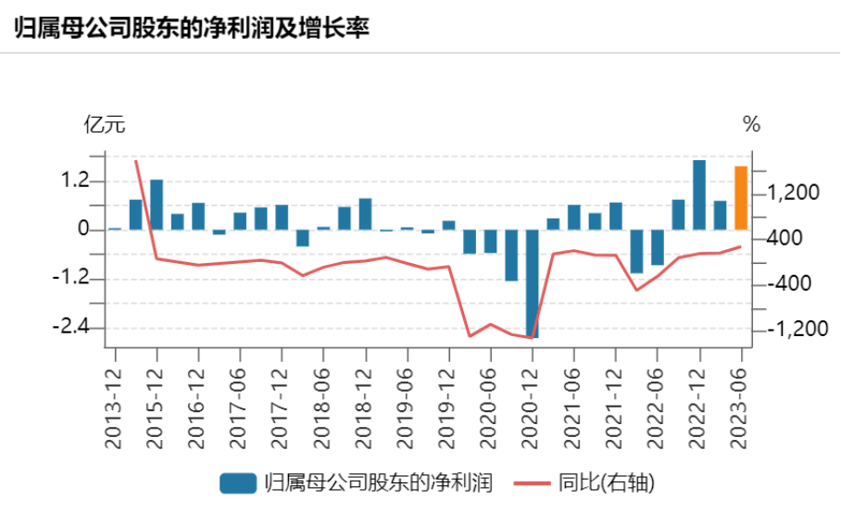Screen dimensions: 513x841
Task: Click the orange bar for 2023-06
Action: click(x=741, y=197)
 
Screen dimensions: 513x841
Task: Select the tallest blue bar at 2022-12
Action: click(x=699, y=194)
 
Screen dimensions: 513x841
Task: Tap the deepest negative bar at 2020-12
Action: click(x=533, y=283)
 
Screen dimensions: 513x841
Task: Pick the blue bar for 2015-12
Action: click(x=157, y=205)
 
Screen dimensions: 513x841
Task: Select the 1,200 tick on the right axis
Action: click(x=793, y=194)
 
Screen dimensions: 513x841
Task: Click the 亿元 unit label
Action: click(x=104, y=125)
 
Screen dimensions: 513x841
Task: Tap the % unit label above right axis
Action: click(x=751, y=125)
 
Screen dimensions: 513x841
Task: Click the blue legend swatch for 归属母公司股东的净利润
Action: click(x=238, y=482)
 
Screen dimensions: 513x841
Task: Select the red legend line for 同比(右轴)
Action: click(x=533, y=482)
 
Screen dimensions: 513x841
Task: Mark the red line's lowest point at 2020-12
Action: click(x=533, y=338)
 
